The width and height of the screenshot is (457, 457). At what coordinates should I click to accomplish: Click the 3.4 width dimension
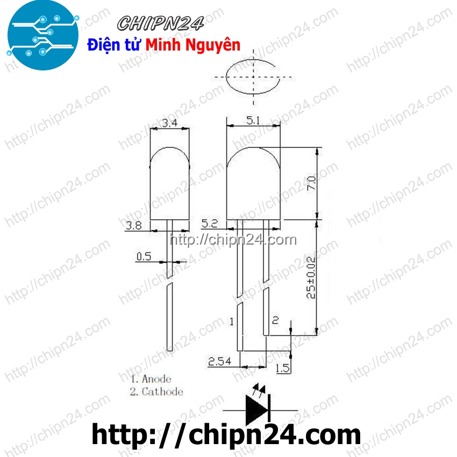point(170,123)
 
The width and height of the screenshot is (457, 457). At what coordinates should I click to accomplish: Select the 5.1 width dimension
point(253,122)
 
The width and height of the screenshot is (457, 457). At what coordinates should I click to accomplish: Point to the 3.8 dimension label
point(133,226)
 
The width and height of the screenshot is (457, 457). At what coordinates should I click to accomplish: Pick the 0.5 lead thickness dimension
point(144,256)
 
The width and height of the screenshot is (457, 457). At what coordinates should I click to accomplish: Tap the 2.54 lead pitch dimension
point(220,361)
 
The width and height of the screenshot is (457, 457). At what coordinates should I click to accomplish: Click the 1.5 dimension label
point(282,368)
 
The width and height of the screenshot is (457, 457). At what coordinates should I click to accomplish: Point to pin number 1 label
point(231,322)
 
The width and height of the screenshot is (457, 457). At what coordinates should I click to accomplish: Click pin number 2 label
point(275,320)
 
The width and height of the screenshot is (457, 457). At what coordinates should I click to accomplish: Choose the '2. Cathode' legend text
point(156,391)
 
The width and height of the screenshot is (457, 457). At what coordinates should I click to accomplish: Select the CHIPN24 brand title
point(161,24)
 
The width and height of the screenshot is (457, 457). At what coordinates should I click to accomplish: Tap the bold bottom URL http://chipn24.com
point(226,434)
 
